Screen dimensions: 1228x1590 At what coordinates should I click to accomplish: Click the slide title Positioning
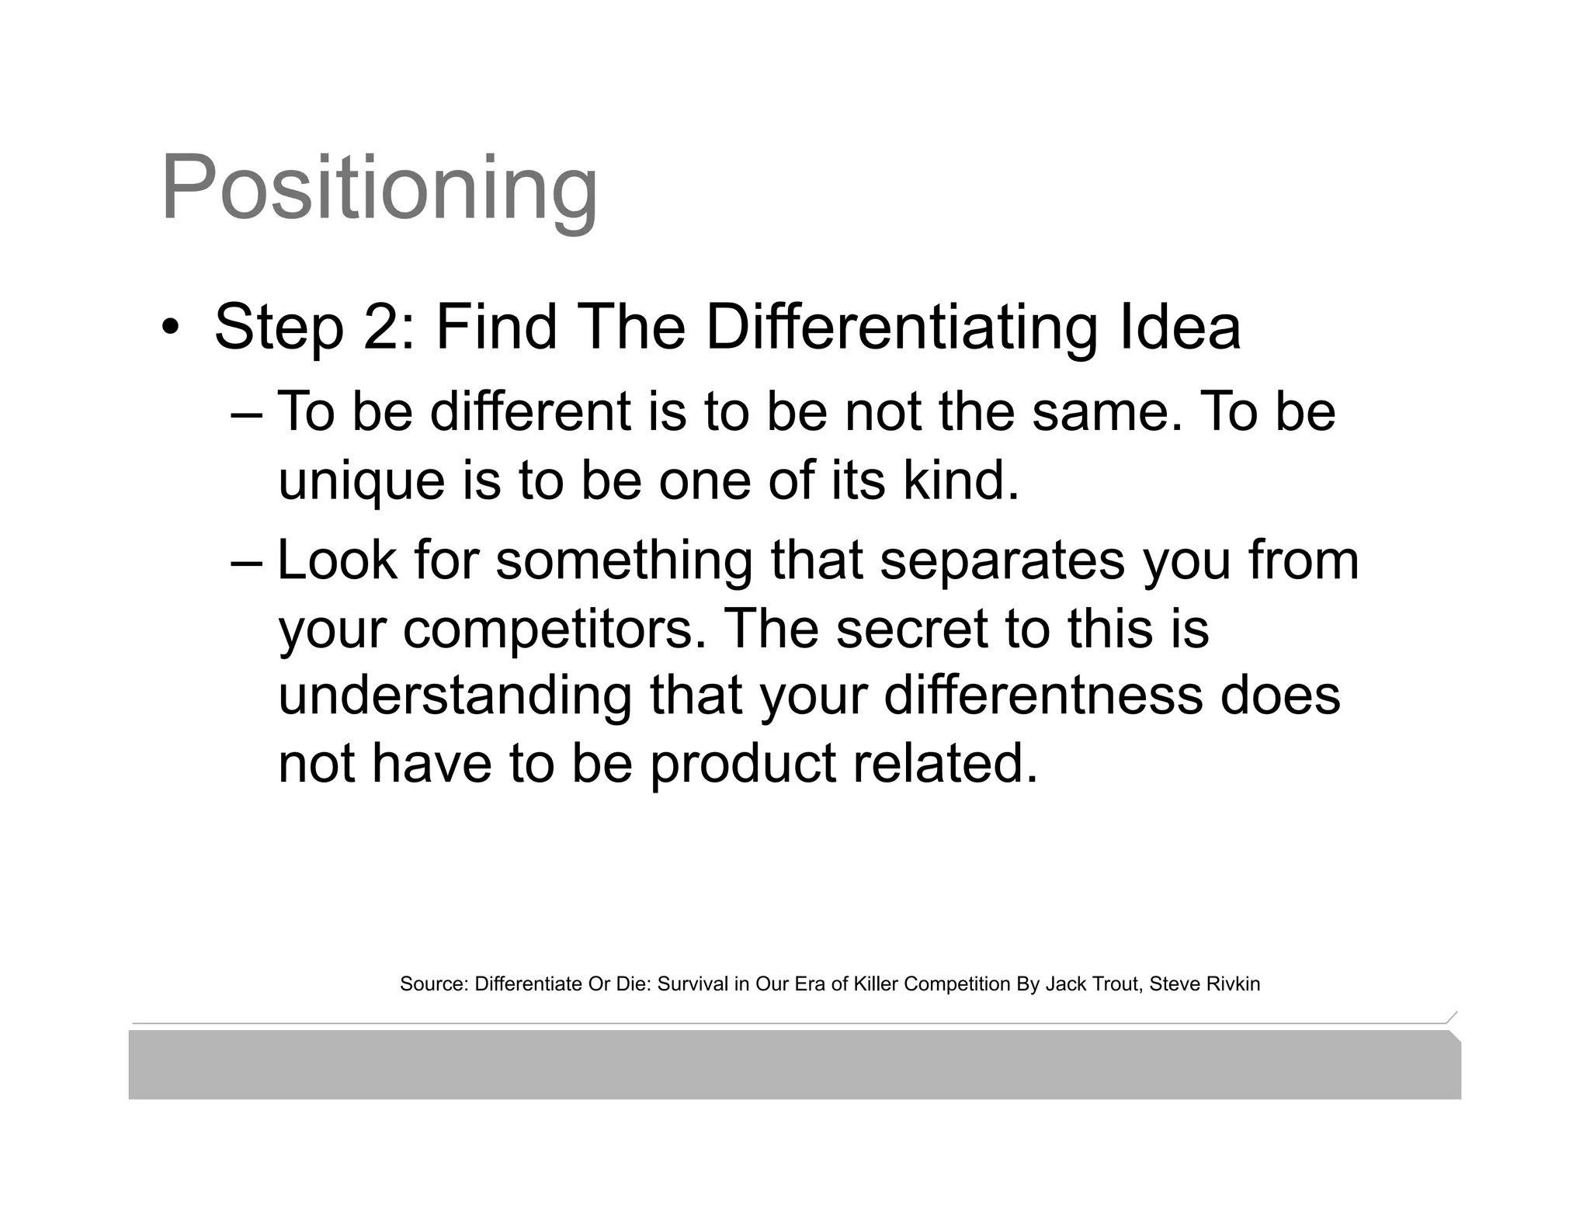[x=379, y=189]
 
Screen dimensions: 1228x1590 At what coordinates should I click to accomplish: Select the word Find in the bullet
[x=496, y=327]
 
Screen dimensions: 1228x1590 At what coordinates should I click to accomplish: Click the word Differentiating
[x=900, y=327]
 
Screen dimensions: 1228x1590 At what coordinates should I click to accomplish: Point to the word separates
[x=1002, y=561]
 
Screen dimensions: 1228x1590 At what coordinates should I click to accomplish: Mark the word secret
[x=911, y=629]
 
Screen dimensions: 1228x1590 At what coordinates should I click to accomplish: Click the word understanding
[x=455, y=696]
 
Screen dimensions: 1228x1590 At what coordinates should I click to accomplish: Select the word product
[x=742, y=764]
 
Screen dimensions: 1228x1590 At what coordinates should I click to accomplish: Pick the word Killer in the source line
[x=876, y=984]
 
